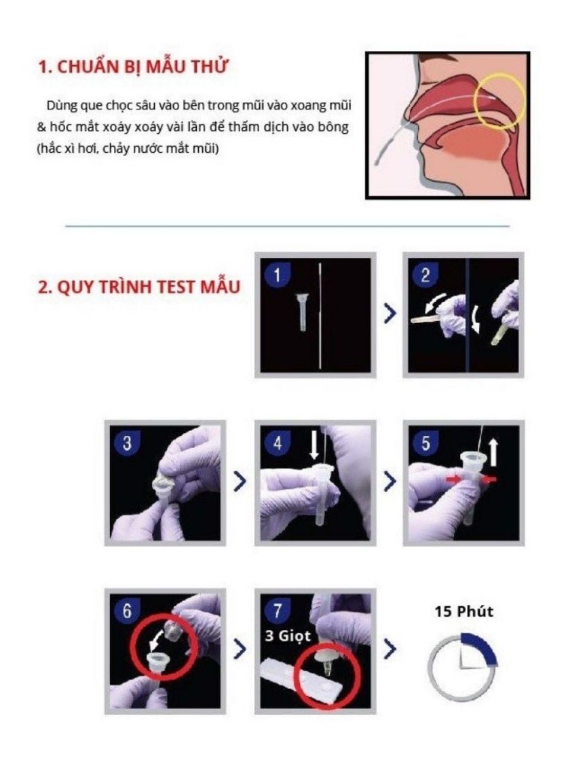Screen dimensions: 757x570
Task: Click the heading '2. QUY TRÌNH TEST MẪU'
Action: pos(138,287)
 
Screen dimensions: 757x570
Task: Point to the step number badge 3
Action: pos(126,443)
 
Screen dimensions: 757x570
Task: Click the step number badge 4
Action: pos(275,443)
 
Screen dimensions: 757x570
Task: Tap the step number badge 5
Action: pos(425,443)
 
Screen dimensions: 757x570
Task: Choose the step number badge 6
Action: pos(126,610)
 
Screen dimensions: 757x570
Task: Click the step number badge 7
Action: pos(275,610)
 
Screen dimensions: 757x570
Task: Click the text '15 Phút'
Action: pos(464,611)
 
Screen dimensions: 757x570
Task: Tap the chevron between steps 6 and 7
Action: pos(240,649)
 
